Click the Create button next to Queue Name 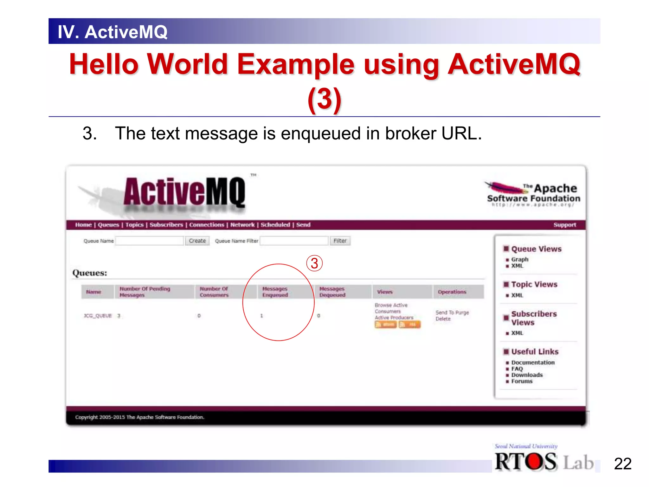197,241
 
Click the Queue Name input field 149,241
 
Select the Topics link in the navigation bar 134,225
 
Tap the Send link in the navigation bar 303,225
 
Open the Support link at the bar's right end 564,225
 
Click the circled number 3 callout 314,263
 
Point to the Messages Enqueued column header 275,292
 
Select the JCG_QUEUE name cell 98,316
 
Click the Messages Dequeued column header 332,292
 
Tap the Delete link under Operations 443,319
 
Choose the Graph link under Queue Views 520,259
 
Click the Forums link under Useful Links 522,381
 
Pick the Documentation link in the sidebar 533,362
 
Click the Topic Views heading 534,284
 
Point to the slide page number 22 622,464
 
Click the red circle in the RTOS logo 536,461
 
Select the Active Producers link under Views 394,318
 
